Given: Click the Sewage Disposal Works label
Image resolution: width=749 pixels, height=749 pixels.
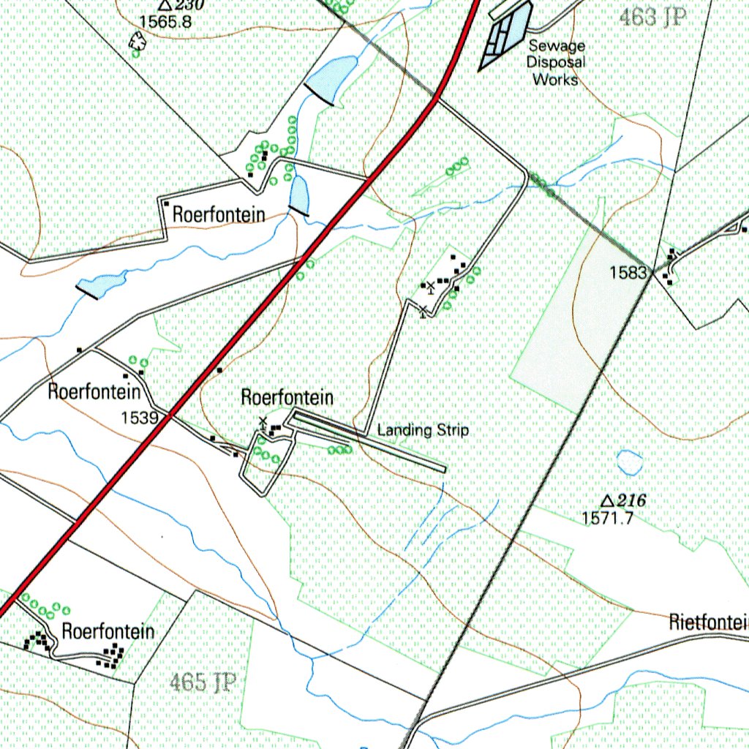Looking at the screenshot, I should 557,62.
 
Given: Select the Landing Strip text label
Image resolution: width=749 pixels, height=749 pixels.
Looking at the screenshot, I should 423,430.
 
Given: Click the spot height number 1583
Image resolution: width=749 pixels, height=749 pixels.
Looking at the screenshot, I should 629,273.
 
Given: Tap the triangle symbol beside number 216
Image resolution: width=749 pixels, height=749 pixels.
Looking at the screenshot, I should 606,501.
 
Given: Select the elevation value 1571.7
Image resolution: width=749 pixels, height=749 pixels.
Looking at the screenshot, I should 607,518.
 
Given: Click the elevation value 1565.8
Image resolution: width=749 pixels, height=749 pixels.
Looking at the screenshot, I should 165,22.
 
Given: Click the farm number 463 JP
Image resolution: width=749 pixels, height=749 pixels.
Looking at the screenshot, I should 652,18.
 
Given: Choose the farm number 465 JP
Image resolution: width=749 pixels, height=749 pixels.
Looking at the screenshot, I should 203,683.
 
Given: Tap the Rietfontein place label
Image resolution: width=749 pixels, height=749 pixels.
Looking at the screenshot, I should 708,622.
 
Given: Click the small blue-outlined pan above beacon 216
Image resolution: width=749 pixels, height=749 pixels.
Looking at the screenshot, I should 629,462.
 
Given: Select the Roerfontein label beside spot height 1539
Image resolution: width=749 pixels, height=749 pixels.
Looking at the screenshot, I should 94,391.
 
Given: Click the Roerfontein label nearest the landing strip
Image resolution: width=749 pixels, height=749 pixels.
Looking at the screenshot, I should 287,398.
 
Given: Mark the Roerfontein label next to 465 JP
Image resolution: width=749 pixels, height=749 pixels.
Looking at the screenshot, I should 108,631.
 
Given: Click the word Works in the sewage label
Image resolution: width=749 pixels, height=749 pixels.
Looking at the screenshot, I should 556,79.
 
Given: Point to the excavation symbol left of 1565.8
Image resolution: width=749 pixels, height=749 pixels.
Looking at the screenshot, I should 135,45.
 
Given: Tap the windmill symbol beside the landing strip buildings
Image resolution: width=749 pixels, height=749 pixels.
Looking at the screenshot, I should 262,423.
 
